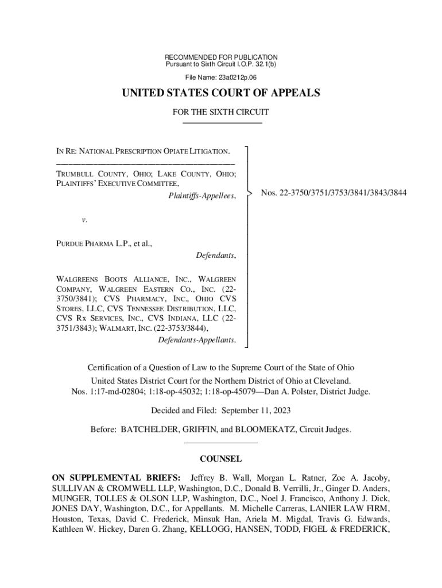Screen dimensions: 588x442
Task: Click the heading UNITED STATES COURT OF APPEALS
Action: tap(220, 94)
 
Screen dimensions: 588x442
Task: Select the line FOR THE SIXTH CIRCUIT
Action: tap(221, 113)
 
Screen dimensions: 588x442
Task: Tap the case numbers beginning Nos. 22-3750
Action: tap(334, 193)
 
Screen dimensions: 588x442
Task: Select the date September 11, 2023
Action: tap(256, 411)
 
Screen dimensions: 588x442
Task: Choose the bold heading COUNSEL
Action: tap(220, 459)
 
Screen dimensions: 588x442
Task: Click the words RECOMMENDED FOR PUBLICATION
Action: tap(221, 57)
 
